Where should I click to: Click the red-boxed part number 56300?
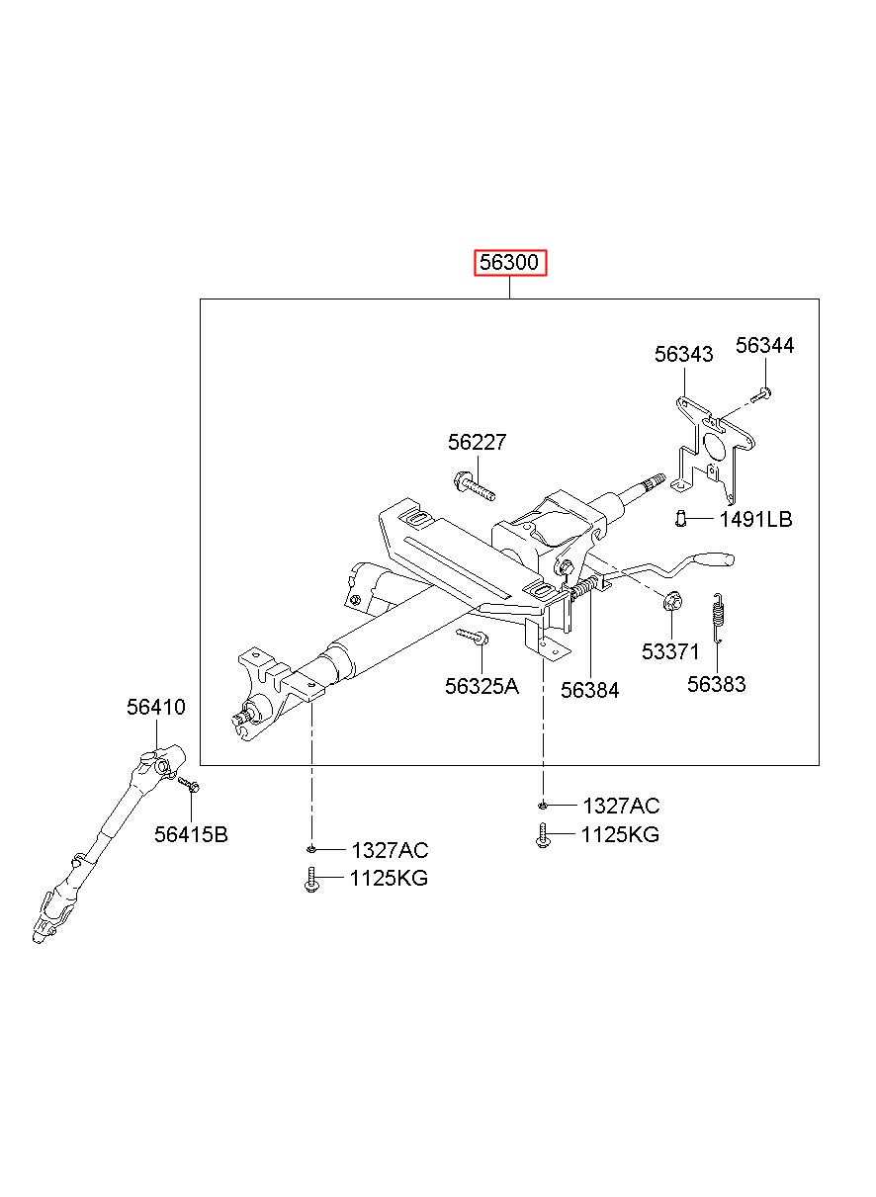click(x=509, y=263)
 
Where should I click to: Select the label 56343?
click(x=683, y=354)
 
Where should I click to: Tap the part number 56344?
click(x=764, y=345)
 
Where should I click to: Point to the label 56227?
click(x=477, y=442)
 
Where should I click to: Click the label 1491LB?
click(x=755, y=519)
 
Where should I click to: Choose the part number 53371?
click(x=669, y=651)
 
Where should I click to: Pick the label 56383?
click(x=717, y=684)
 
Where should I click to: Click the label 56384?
click(x=589, y=690)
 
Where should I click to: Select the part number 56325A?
click(x=482, y=686)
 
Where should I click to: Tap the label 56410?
click(x=155, y=707)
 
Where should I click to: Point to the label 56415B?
click(x=191, y=834)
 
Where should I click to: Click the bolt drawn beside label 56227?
click(x=474, y=485)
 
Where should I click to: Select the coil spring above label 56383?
click(x=719, y=617)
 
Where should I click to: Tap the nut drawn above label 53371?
click(x=670, y=600)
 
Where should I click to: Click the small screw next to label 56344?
click(x=761, y=395)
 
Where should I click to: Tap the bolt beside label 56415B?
click(x=189, y=786)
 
